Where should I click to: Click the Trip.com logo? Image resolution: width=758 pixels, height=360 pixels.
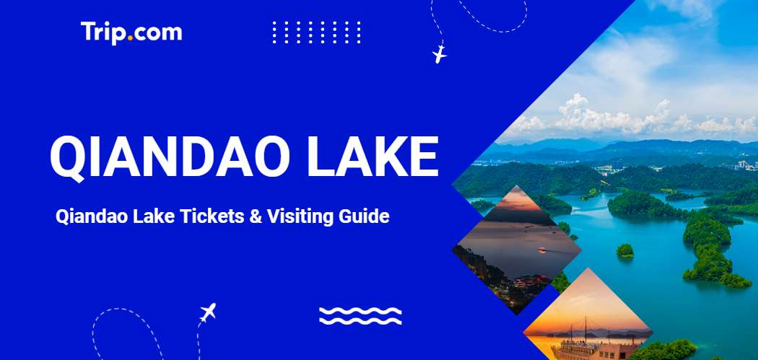(x=131, y=32)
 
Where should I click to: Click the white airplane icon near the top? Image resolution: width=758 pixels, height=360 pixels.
(x=439, y=54)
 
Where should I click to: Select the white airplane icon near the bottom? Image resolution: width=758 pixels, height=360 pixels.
(x=208, y=312)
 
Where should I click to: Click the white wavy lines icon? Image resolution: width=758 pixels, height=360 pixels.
(x=360, y=315)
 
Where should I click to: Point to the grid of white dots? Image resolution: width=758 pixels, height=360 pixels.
(x=316, y=32)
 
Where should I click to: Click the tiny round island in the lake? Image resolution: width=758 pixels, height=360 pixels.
(x=624, y=250)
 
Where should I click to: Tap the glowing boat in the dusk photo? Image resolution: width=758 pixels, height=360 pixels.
(x=541, y=251)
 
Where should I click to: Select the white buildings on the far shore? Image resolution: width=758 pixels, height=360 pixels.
(x=744, y=165)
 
